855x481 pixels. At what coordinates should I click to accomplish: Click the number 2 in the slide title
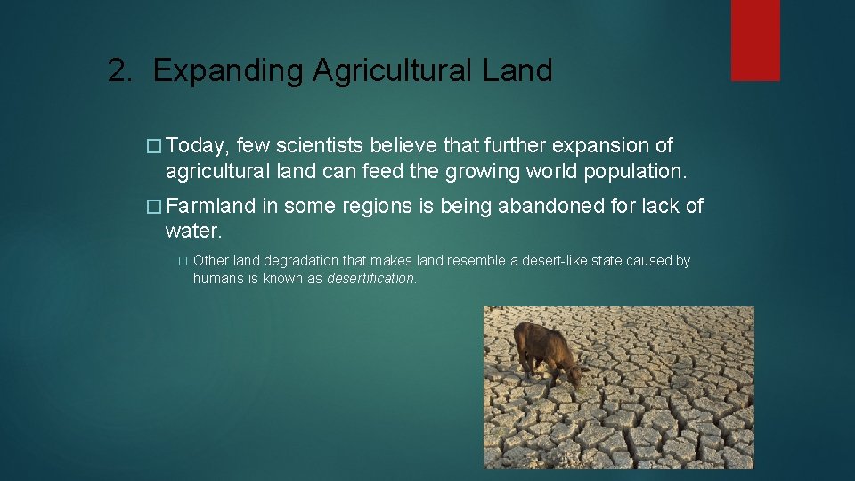point(117,70)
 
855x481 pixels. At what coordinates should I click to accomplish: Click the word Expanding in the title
point(228,71)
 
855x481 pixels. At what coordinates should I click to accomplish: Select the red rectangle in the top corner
point(755,40)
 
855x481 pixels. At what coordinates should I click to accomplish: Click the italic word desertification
point(370,278)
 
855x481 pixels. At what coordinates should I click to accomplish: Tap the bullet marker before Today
point(153,146)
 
